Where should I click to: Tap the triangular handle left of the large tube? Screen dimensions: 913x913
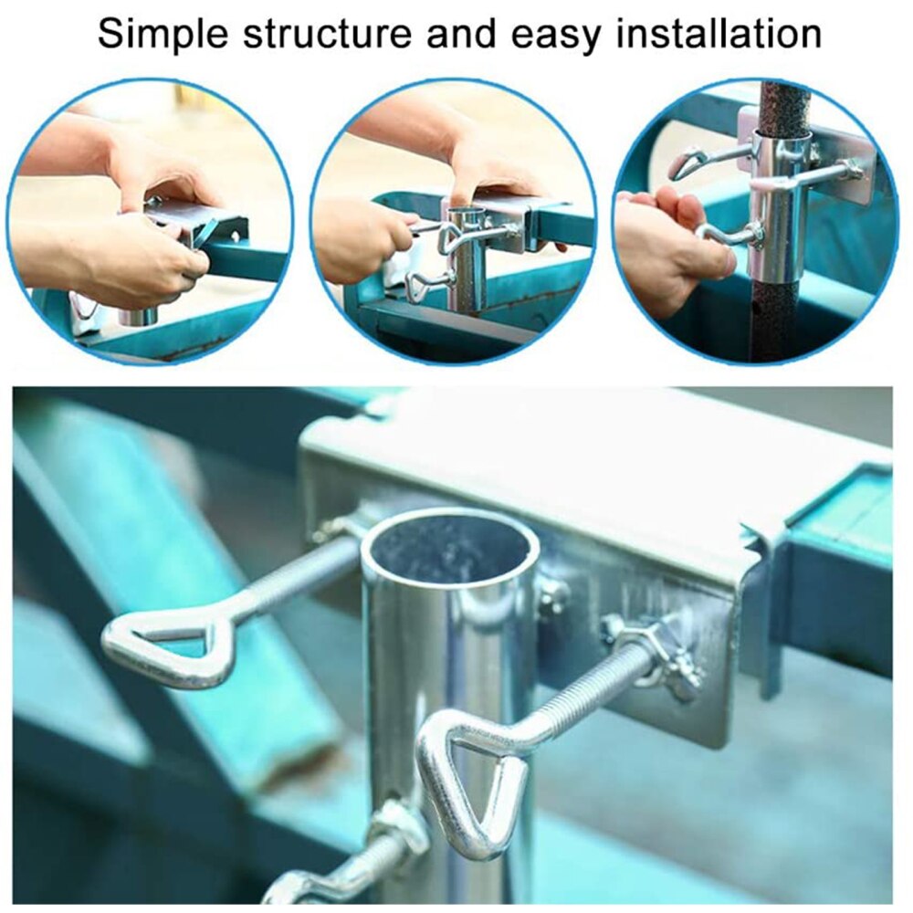click(x=164, y=644)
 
